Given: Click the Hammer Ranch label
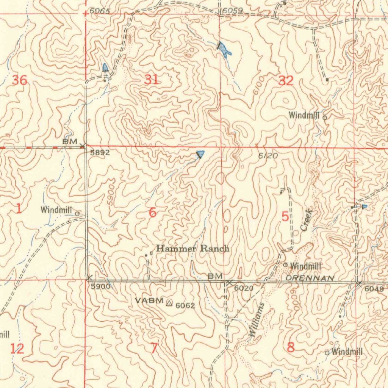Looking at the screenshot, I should tap(192, 249).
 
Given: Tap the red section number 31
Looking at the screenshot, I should tap(151, 80).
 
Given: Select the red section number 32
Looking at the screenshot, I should tap(286, 80).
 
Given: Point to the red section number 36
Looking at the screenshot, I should tap(20, 80).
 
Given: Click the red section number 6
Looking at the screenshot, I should tap(152, 213).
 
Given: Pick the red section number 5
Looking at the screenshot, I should tap(285, 217).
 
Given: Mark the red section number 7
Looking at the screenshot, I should tap(154, 348).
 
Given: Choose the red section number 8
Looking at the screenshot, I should tap(291, 347).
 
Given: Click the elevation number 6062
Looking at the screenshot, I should tap(185, 305).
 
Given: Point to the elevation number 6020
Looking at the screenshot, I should tap(243, 288).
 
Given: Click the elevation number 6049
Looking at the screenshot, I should tap(374, 289).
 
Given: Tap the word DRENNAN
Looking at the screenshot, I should tap(310, 278).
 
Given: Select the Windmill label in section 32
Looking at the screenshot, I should tap(304, 116).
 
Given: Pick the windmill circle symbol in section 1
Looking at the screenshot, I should tap(77, 214).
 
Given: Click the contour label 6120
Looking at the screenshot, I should tap(268, 156).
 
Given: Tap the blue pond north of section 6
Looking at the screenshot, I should tap(200, 154).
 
